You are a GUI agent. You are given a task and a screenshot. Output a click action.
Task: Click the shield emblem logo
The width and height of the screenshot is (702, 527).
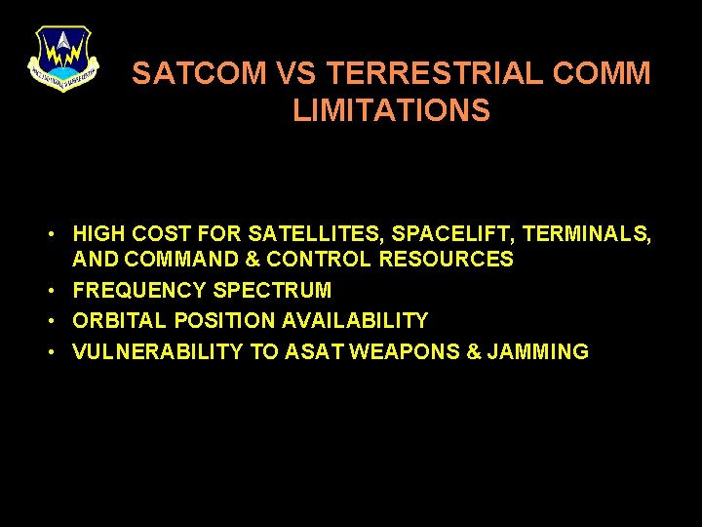pyautogui.click(x=62, y=58)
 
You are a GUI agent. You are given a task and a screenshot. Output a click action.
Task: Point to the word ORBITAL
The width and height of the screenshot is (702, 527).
pyautogui.click(x=121, y=321)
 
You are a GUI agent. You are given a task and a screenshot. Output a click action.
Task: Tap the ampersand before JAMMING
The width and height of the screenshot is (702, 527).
pyautogui.click(x=475, y=352)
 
